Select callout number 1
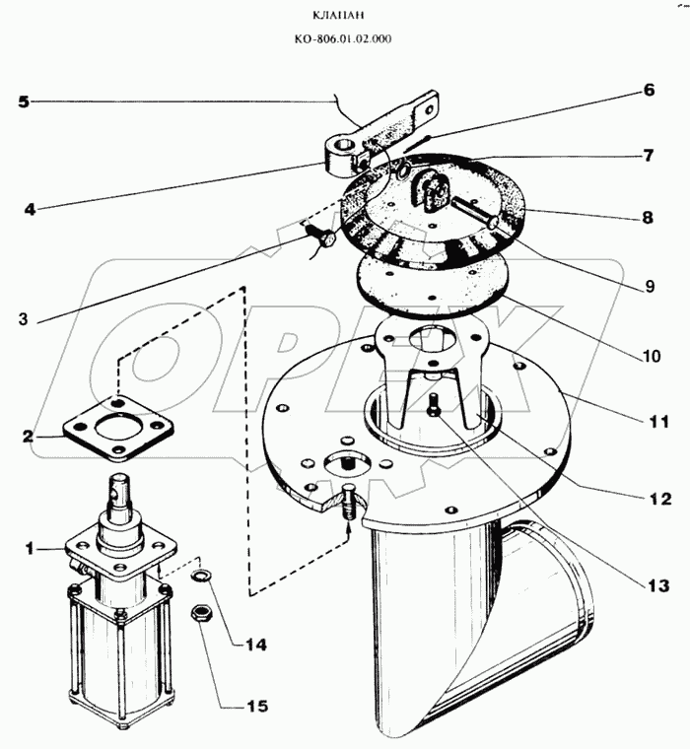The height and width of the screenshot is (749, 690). (x=29, y=548)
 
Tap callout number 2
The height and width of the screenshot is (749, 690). (x=29, y=435)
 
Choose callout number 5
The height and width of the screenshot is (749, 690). (x=24, y=101)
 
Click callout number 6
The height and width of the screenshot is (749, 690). (x=649, y=90)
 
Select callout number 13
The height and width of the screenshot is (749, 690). (x=651, y=585)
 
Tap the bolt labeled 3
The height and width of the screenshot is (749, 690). (x=319, y=238)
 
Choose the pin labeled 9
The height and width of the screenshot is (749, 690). (x=475, y=213)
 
